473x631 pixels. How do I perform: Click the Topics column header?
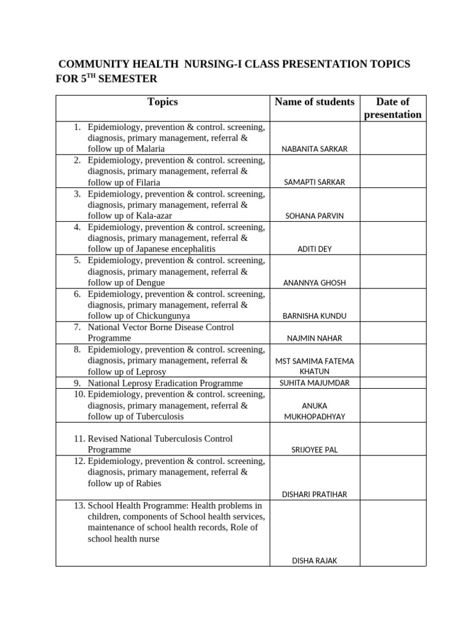(163, 102)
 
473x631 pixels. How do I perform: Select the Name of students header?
(314, 102)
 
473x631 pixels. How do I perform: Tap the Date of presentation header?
(393, 108)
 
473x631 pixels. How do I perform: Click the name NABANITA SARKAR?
(314, 149)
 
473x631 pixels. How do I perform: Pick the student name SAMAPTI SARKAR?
(314, 182)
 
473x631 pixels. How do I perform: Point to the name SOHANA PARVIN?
(314, 216)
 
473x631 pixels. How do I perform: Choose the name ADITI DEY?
(314, 249)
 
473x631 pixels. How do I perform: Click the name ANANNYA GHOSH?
(314, 283)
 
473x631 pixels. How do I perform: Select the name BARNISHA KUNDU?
(314, 316)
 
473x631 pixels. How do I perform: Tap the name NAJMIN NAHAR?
(314, 338)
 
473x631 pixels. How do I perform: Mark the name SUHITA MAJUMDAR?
(314, 383)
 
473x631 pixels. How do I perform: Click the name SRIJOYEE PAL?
(314, 450)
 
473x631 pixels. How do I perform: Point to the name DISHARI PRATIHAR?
(314, 494)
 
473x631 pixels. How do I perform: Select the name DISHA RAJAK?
(314, 561)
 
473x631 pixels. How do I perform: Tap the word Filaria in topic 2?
(146, 182)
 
